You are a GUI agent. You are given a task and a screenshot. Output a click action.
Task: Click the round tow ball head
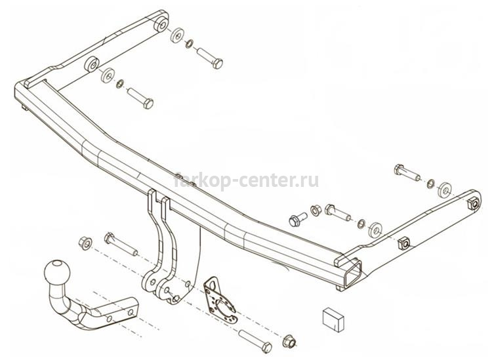tap(58, 272)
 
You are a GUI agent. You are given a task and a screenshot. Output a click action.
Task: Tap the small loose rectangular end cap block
tap(333, 319)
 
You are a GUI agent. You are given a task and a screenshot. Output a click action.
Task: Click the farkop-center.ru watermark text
tap(246, 180)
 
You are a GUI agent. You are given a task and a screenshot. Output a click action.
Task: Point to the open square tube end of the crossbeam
tap(353, 275)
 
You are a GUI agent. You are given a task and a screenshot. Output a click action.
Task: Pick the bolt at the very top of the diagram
tap(210, 58)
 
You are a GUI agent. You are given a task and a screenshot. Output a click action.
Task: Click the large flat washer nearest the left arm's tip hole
tap(178, 35)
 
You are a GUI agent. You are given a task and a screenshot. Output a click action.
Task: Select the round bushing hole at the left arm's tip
tap(161, 24)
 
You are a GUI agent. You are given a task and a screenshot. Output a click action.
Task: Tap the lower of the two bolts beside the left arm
tap(140, 98)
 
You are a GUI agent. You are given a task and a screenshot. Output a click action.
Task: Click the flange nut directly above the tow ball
tap(85, 243)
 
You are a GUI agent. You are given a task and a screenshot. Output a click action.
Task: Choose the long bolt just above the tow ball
tap(121, 244)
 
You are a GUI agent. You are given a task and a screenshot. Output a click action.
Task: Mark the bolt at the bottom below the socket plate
tap(255, 342)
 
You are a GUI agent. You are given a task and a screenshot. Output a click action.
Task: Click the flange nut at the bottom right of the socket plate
tap(289, 342)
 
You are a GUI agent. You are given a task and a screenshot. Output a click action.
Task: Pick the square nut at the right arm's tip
tap(474, 204)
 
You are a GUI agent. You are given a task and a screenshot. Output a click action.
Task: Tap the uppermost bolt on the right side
tap(407, 172)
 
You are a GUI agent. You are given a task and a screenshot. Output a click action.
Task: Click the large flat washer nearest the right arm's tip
tap(444, 190)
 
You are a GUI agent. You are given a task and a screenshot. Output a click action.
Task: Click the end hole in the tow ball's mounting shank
tap(131, 312)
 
